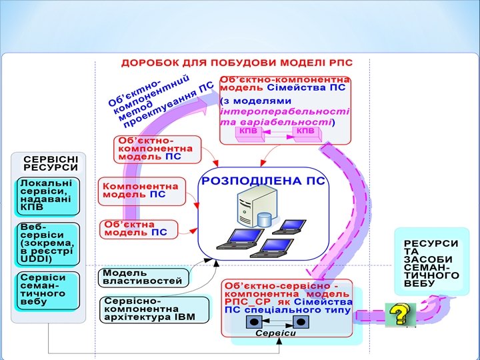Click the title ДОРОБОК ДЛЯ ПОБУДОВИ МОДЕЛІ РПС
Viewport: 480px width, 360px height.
236,63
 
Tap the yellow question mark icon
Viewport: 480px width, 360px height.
399,314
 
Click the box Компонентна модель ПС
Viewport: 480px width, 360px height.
139,190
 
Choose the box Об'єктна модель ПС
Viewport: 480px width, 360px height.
139,229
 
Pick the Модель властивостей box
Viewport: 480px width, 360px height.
142,277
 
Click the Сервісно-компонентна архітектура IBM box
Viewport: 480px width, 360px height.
149,309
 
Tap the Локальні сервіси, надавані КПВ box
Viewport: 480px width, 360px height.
49,195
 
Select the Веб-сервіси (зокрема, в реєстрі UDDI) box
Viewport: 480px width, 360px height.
49,243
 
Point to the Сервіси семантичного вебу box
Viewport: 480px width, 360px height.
49,289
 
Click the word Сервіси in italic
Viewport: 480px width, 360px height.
276,333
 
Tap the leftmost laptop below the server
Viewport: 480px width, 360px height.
233,239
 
